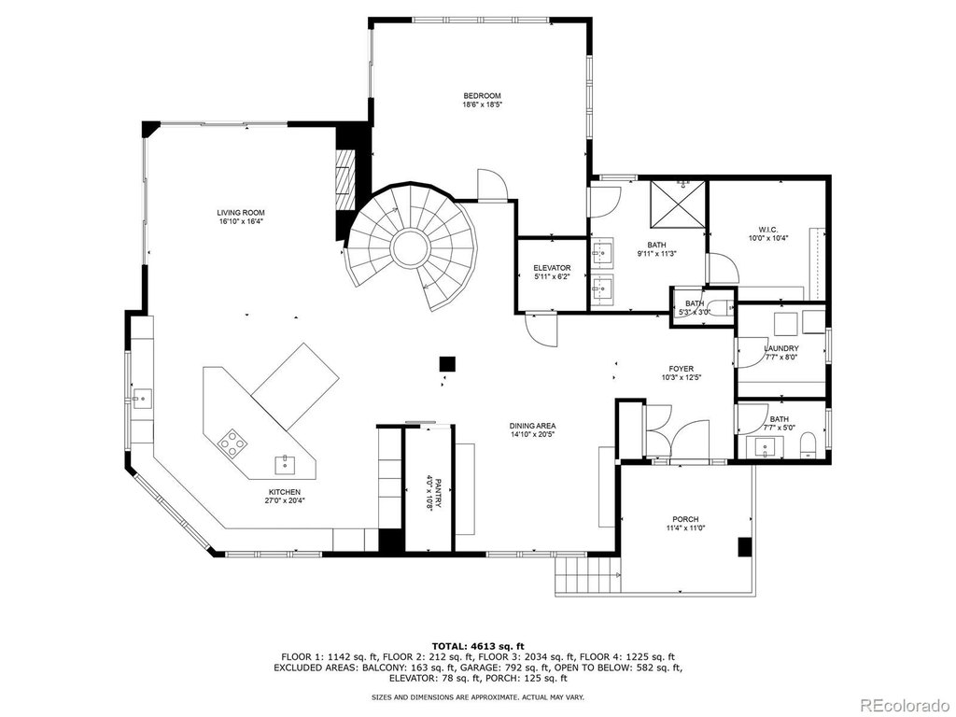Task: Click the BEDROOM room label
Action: click(482, 96)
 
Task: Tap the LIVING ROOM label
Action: click(241, 213)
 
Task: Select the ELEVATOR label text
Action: click(552, 268)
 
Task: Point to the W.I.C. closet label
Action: click(769, 230)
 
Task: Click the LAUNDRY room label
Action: click(781, 349)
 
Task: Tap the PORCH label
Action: click(685, 519)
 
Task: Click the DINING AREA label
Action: click(533, 426)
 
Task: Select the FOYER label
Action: click(681, 369)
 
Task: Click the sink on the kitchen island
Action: click(286, 465)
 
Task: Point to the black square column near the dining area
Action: click(447, 364)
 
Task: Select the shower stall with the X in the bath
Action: click(678, 203)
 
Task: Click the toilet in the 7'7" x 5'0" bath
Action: click(808, 445)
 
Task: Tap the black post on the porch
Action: click(745, 547)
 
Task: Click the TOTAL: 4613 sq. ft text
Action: click(478, 646)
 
